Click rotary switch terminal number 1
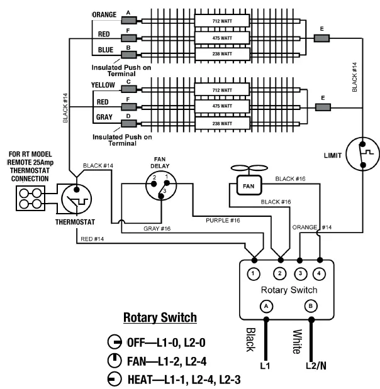[254, 274]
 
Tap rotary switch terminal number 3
[300, 273]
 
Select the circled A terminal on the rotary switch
[266, 306]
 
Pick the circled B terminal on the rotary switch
[310, 306]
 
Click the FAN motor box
[249, 185]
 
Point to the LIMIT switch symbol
[362, 154]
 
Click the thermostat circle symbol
[77, 199]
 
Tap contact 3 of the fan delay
[161, 196]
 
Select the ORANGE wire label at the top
[104, 14]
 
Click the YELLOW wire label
[103, 85]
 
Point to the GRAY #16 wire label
[157, 229]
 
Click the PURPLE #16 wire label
[223, 221]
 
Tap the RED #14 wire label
[92, 239]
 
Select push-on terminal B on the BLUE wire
[129, 55]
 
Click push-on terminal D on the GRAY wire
[129, 123]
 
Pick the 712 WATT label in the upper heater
[222, 21]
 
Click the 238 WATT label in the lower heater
[222, 124]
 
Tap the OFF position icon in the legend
[115, 342]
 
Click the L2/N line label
[316, 366]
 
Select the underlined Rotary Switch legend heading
[160, 317]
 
